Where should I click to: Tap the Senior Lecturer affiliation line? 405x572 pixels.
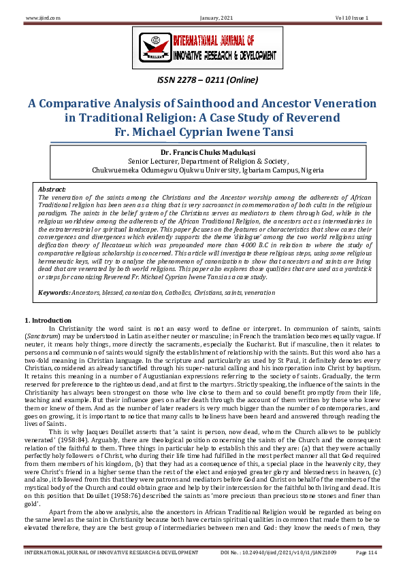201,162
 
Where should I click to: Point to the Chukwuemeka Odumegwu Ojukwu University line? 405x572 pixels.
201,171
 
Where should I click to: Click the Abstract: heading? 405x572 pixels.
52,189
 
